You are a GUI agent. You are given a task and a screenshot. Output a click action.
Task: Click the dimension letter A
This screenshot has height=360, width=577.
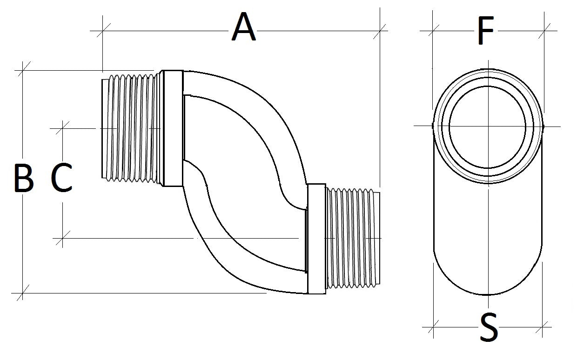(244, 28)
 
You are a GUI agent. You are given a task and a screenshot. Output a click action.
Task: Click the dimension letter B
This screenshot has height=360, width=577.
(23, 178)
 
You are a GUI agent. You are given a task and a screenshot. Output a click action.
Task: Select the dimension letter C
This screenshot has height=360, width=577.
(61, 178)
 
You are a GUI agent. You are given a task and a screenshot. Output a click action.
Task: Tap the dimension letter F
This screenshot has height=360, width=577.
(485, 32)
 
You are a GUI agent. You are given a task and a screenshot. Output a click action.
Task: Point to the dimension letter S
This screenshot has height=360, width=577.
(488, 327)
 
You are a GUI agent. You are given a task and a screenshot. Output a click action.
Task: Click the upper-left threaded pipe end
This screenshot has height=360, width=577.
(130, 128)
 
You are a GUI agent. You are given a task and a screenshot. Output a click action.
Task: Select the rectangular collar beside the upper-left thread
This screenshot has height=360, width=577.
(172, 128)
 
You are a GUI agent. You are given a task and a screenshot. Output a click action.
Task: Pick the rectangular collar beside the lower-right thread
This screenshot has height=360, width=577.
(316, 238)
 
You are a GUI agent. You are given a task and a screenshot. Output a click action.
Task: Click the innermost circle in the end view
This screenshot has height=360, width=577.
(488, 127)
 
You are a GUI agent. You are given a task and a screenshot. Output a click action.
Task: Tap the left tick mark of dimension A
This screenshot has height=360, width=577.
(102, 31)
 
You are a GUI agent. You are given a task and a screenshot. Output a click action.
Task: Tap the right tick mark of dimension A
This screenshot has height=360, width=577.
(380, 31)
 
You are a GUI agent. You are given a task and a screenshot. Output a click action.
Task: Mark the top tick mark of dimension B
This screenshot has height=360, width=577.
(23, 70)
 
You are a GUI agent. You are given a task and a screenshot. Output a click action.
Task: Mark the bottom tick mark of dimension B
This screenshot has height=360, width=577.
(23, 293)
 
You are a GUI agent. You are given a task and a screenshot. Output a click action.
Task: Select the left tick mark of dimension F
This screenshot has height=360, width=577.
(433, 31)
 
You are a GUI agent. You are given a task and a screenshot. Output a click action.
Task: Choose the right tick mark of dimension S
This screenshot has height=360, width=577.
(543, 327)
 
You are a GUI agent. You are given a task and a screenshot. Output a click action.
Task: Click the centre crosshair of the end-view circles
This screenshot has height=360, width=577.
(488, 126)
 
